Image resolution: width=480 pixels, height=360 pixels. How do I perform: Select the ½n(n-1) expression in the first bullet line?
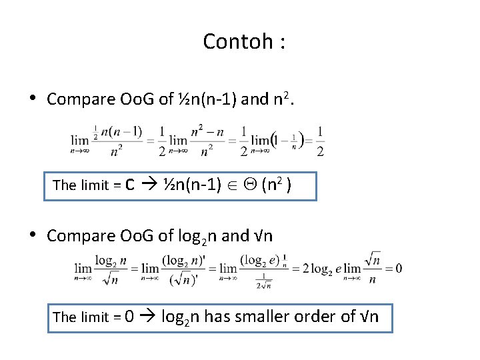[x=207, y=100]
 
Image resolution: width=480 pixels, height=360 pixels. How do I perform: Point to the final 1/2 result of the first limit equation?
[x=321, y=141]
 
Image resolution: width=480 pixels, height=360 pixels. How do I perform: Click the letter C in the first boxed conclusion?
[x=131, y=185]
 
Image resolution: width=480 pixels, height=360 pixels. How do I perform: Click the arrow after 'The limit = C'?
[x=151, y=185]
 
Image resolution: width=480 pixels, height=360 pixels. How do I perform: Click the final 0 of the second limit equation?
[x=398, y=268]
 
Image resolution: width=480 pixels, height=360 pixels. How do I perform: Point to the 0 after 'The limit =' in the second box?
[x=130, y=317]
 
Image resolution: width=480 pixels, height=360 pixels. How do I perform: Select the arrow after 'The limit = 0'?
[x=149, y=317]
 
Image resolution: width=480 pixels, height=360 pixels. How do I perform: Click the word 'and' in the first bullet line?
[x=253, y=100]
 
